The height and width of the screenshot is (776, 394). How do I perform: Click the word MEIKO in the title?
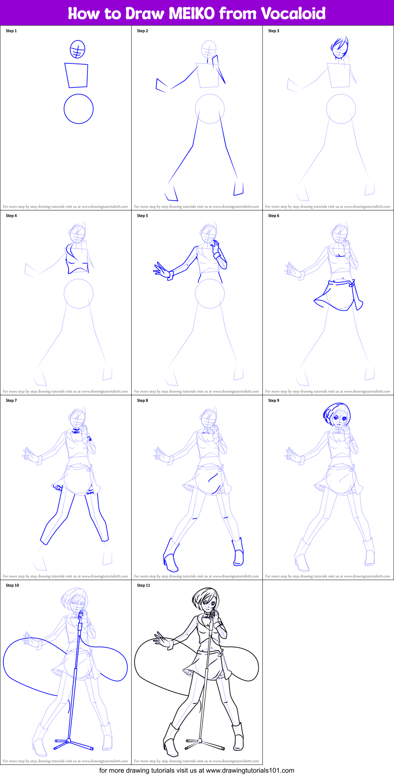pos(191,14)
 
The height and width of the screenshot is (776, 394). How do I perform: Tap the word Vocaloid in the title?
pos(293,14)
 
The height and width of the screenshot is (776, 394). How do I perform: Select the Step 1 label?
pos(11,31)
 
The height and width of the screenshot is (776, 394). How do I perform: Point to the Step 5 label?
pos(142,216)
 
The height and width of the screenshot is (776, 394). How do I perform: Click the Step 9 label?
pos(274,400)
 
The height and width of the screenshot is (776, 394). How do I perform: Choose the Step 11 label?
pos(143,585)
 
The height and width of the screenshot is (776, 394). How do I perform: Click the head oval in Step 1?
pos(77,49)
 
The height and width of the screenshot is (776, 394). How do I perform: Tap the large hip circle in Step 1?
pos(79,109)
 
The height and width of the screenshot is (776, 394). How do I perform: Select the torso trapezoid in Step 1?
pos(77,75)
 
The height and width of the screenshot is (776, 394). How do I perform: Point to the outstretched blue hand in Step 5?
pos(162,269)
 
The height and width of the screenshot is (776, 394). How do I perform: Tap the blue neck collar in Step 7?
pos(76,431)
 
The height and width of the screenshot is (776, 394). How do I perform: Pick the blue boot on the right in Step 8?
pos(238,552)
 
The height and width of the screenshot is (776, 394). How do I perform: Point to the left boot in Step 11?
pos(171,740)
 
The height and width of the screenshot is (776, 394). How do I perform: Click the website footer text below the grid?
pos(197,770)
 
